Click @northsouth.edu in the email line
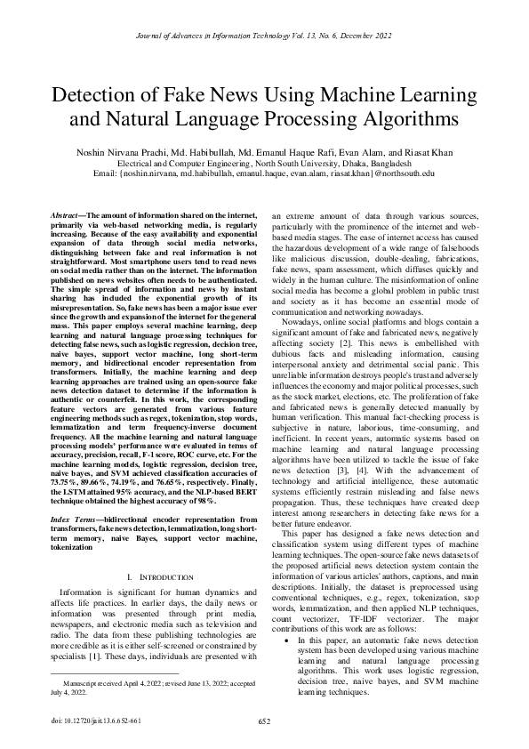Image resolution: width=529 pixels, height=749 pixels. pyautogui.click(x=405, y=173)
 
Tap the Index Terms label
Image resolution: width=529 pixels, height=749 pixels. pyautogui.click(x=70, y=518)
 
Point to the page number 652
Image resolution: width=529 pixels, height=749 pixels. pyautogui.click(x=264, y=721)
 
